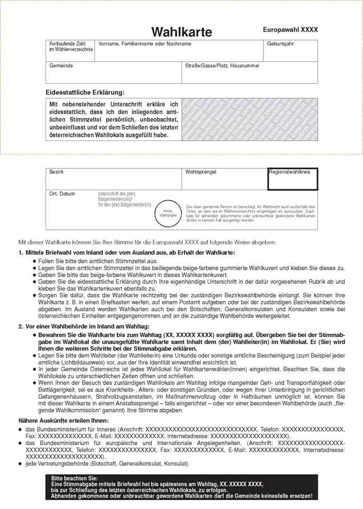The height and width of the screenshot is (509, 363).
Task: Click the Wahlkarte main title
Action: point(181,32)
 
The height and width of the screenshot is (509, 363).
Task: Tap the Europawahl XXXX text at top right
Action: point(290,30)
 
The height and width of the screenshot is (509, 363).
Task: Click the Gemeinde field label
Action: point(61,66)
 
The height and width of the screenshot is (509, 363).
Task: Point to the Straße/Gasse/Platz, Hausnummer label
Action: point(222,66)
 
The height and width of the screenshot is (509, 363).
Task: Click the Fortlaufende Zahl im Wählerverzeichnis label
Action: point(71,46)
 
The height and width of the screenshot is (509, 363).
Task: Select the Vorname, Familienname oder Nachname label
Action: point(144,44)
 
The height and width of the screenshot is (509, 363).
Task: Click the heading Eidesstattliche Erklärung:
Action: point(85,92)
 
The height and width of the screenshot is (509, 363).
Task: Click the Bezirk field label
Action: point(56,171)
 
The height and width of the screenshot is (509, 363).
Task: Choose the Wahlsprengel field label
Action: point(201,171)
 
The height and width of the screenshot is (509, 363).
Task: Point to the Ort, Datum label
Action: point(62,193)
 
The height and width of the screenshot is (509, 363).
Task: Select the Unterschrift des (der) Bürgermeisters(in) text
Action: point(124,199)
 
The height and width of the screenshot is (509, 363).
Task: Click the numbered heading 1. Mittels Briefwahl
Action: point(127,252)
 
